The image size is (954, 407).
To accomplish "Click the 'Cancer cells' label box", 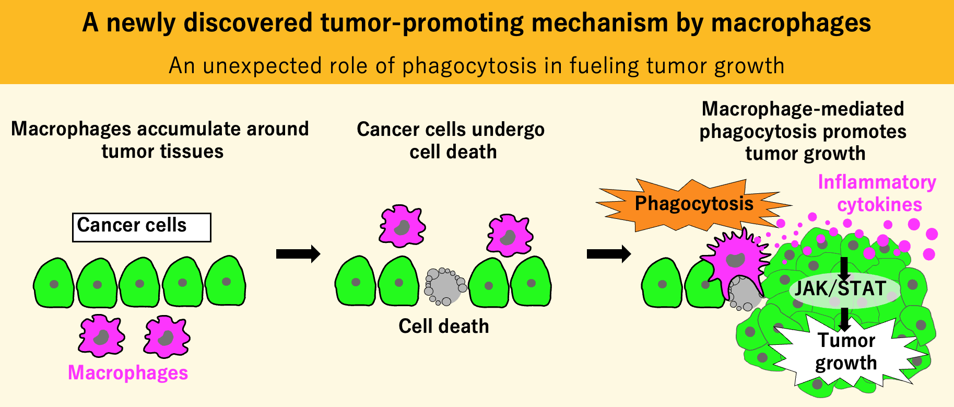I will [142, 227].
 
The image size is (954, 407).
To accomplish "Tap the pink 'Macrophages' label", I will [128, 373].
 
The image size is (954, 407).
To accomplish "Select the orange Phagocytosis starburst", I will [693, 204].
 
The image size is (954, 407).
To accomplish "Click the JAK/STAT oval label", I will [841, 289].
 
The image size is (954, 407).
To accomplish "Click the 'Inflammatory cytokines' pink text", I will [877, 193].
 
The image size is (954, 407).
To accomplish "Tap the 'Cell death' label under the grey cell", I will [444, 326].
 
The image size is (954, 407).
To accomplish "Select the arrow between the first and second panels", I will [298, 254].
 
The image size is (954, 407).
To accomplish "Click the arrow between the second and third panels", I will [608, 254].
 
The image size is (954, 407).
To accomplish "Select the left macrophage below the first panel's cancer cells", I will [101, 335].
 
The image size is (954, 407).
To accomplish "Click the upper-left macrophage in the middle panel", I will [402, 227].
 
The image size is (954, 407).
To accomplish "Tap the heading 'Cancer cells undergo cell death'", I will [451, 141].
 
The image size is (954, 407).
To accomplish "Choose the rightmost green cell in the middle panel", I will [531, 282].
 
